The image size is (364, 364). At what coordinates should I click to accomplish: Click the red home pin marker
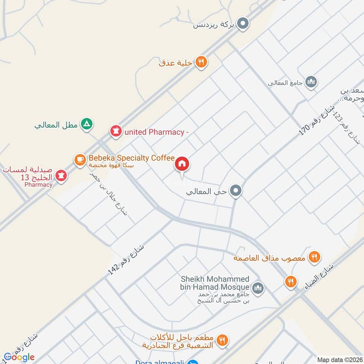tap(182, 164)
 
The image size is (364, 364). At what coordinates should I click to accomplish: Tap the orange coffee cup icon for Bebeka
tap(80, 159)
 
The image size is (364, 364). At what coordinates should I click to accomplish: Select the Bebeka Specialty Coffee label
tap(131, 158)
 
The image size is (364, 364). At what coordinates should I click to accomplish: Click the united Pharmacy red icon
tap(116, 132)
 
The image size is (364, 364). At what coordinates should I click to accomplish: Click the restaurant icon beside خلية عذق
tap(201, 62)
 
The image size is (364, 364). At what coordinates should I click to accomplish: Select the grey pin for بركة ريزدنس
tap(243, 24)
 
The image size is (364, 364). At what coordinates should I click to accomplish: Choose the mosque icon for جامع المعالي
tap(311, 82)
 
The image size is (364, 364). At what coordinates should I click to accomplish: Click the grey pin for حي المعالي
tap(235, 191)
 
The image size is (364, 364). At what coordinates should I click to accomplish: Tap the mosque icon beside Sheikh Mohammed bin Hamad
tap(258, 288)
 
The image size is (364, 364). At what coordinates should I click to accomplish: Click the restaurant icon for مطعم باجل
tap(222, 339)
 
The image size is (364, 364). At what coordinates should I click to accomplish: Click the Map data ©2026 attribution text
tap(339, 359)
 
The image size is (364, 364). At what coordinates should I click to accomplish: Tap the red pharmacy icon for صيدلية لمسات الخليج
tap(61, 174)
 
